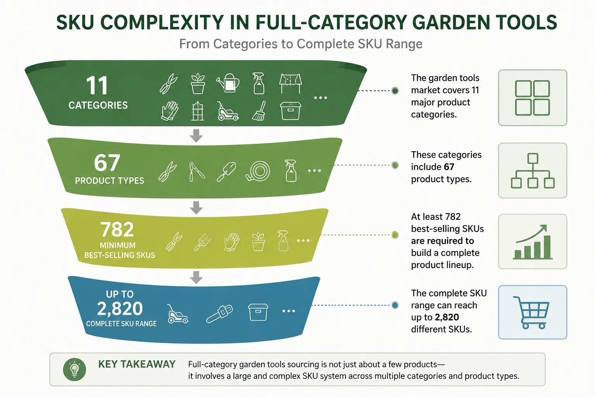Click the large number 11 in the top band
click(x=97, y=85)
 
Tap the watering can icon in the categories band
click(x=228, y=83)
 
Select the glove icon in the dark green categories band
click(x=169, y=111)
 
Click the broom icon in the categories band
click(x=259, y=111)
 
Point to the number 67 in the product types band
click(x=107, y=163)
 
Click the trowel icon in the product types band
click(x=226, y=171)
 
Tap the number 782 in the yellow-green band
click(x=117, y=229)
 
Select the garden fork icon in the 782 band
click(x=202, y=242)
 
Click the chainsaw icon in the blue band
click(x=219, y=314)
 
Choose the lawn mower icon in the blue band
click(x=178, y=314)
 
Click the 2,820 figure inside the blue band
click(x=120, y=309)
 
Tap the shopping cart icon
click(x=531, y=312)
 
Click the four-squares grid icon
click(x=532, y=98)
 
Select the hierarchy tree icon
click(x=533, y=171)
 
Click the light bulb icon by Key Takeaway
click(x=74, y=369)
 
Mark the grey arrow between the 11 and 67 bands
click(x=196, y=136)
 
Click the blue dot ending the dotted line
click(x=395, y=305)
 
